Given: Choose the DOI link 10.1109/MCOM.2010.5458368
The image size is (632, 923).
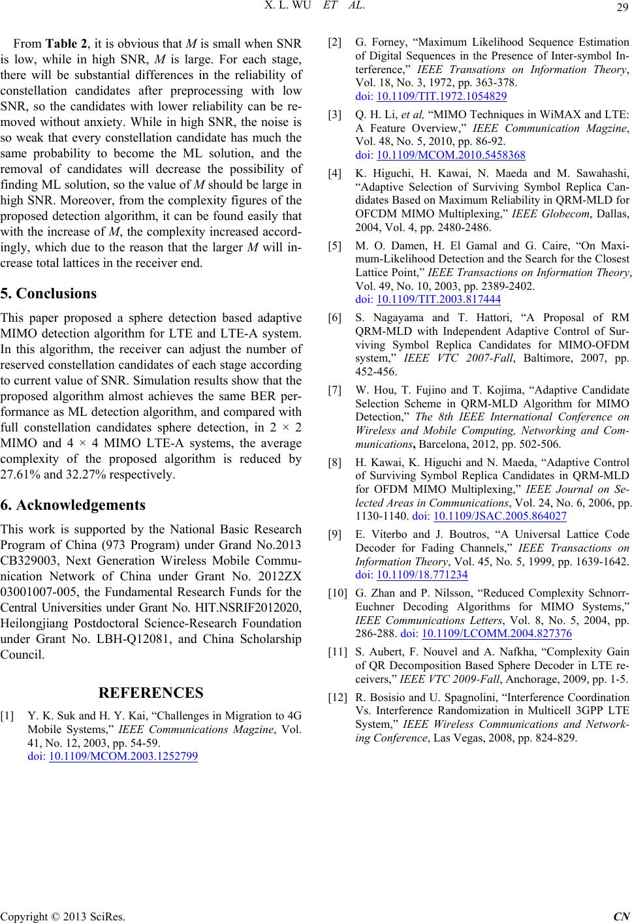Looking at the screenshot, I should [451, 155].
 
